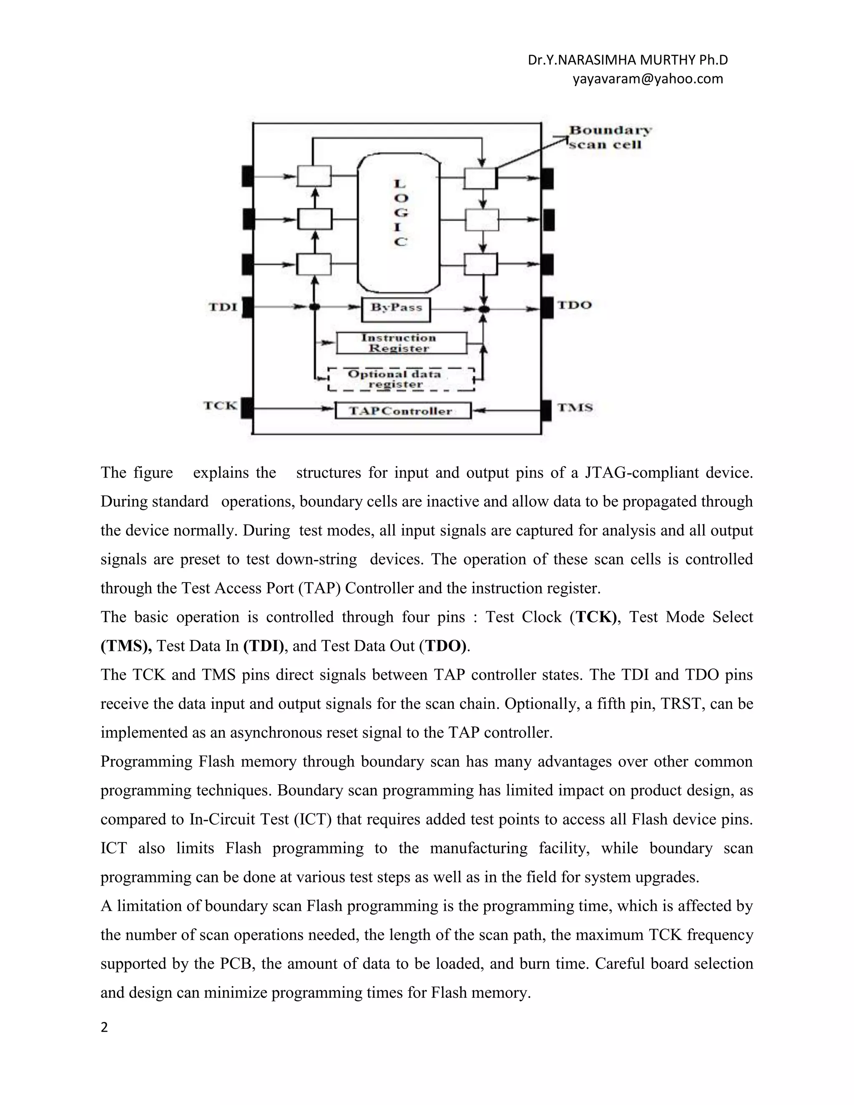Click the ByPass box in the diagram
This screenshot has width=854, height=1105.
(396, 309)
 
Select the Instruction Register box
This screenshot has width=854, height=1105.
(401, 342)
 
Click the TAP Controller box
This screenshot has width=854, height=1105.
(403, 410)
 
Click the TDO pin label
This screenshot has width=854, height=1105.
(574, 305)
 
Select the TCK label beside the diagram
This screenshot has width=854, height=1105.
(220, 405)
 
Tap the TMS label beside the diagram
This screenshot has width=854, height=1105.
(575, 407)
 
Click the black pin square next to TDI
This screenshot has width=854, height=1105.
(247, 307)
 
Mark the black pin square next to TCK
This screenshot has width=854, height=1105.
(247, 408)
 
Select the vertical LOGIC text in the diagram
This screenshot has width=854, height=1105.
(400, 213)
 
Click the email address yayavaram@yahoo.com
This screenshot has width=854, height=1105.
(648, 79)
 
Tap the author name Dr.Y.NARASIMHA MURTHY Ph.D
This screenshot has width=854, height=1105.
(627, 60)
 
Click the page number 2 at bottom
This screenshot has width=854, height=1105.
(104, 1027)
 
